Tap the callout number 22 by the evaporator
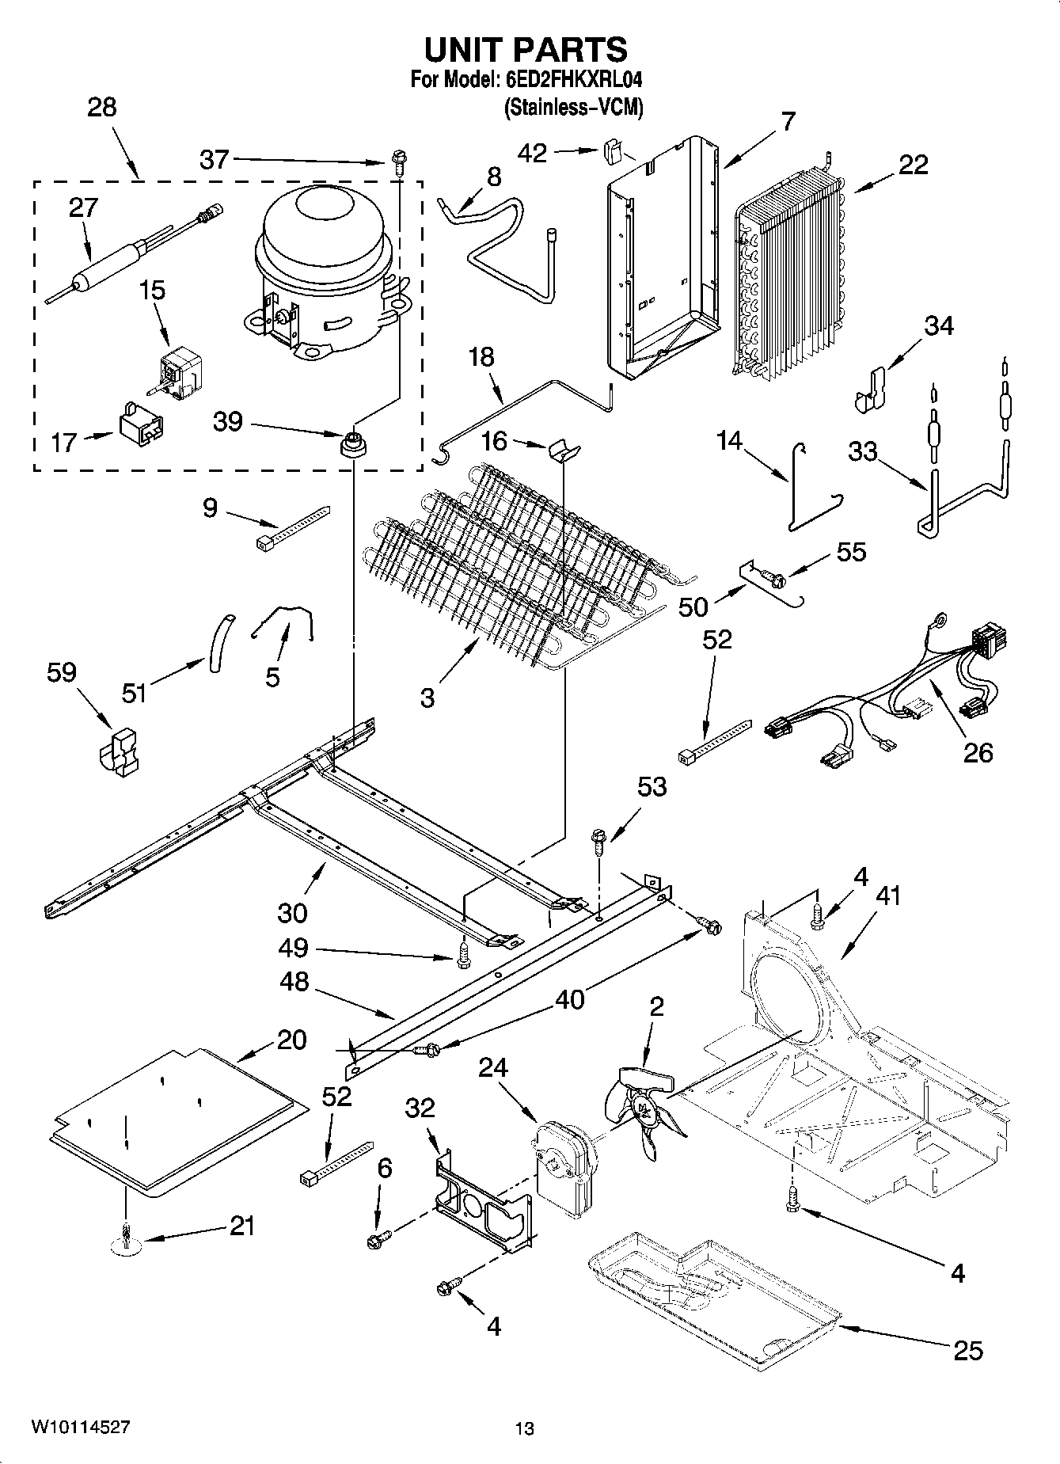coord(913,165)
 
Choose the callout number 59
coord(61,673)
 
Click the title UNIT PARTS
coord(526,49)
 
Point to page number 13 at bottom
coord(523,1429)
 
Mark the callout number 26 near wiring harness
coord(977,751)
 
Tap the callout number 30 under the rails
coord(292,912)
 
